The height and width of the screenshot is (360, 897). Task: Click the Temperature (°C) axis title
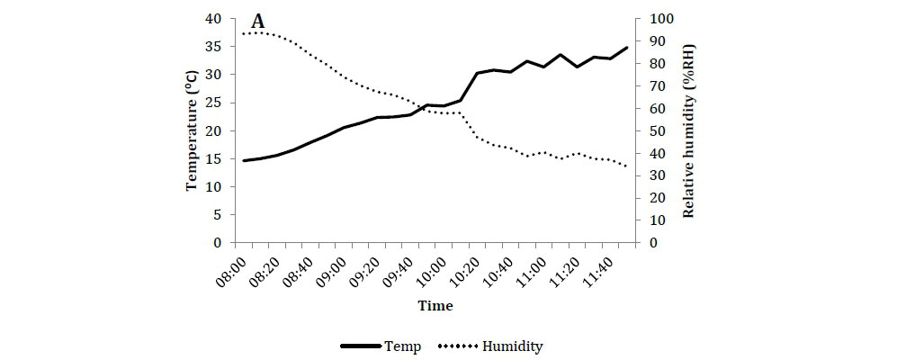click(192, 130)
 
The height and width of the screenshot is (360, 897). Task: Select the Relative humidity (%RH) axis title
click(689, 130)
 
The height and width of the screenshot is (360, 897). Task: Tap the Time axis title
click(435, 306)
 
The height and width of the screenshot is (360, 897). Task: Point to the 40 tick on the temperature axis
click(214, 19)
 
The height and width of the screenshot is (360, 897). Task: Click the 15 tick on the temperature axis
click(214, 159)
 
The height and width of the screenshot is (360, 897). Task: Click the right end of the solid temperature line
click(627, 47)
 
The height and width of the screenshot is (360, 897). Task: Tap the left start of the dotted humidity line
click(244, 33)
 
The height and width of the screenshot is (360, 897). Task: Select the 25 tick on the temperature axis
click(214, 103)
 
